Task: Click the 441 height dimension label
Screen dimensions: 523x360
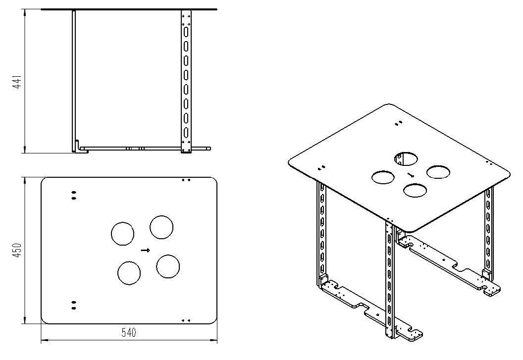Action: click(17, 82)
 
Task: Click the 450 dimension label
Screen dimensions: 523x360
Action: click(17, 250)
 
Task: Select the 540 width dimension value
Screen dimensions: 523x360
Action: click(129, 333)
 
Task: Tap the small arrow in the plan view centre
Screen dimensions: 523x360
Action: click(146, 250)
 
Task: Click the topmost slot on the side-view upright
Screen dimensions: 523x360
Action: click(186, 32)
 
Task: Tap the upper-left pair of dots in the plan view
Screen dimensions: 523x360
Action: click(74, 195)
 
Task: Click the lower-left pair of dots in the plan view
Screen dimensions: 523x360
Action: click(74, 305)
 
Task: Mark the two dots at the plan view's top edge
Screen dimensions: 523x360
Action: click(186, 180)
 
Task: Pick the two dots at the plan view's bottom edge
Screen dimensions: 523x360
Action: click(186, 320)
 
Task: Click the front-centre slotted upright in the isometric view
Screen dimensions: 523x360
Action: click(390, 280)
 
